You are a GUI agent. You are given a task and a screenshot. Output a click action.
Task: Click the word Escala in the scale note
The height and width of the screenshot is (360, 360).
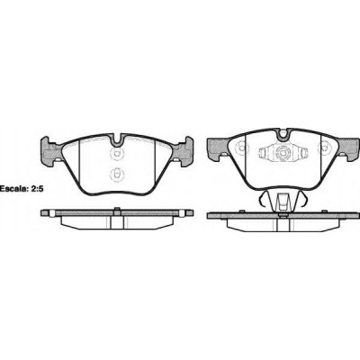click(11, 189)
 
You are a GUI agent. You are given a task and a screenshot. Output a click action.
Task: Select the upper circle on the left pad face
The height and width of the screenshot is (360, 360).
click(116, 152)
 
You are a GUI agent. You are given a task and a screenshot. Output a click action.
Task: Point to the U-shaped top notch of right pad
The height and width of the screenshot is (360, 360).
click(283, 134)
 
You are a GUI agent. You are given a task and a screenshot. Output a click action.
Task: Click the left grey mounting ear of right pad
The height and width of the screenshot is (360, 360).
click(219, 148)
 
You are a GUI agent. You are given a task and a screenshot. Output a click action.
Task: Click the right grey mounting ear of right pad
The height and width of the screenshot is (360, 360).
click(348, 148)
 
